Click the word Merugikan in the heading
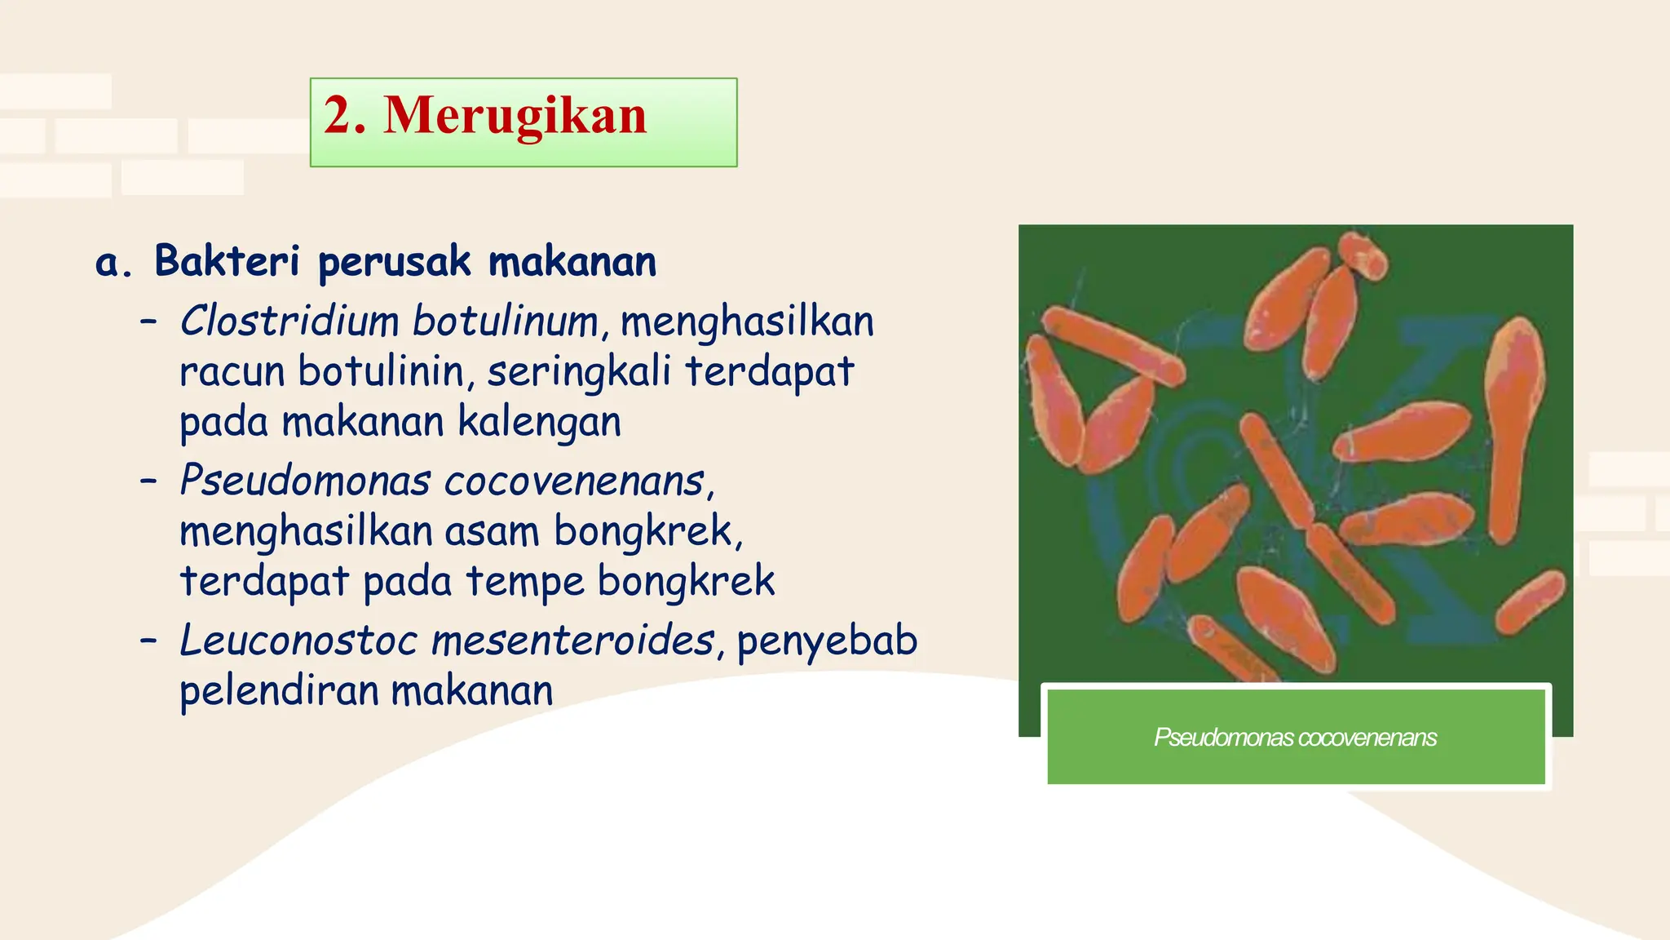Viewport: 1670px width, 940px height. click(515, 116)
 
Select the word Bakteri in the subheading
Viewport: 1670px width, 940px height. click(227, 262)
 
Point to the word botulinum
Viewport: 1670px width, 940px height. click(506, 321)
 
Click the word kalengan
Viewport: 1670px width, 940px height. click(539, 423)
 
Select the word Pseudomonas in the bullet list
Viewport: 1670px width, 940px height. click(304, 480)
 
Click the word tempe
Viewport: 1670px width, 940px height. click(524, 582)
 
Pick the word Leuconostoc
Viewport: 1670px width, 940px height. click(298, 640)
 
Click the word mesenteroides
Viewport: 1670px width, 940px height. click(572, 640)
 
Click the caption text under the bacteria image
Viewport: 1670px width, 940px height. click(1295, 738)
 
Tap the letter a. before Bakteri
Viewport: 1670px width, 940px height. click(113, 264)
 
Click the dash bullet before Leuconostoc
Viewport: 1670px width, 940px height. click(148, 641)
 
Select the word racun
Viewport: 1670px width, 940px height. click(232, 373)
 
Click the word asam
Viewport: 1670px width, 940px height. click(492, 532)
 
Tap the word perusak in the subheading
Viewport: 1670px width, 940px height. click(395, 264)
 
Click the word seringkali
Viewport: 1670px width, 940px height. click(579, 372)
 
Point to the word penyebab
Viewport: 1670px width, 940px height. click(827, 641)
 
